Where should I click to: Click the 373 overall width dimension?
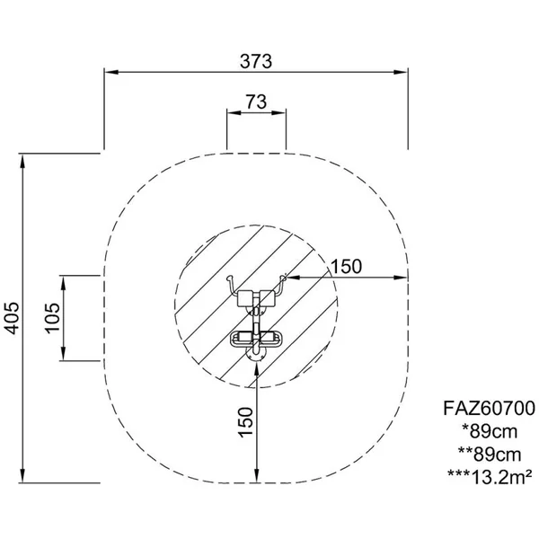(256, 61)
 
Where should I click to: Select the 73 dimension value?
(256, 102)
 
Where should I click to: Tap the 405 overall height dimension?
(12, 318)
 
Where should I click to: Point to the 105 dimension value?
(52, 318)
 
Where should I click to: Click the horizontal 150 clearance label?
(346, 267)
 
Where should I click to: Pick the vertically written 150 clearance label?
(245, 422)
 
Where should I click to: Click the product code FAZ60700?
(490, 409)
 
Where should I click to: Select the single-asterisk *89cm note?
(490, 431)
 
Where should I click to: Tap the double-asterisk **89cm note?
(490, 455)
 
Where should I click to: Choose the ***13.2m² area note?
(490, 477)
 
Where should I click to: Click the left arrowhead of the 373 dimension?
(111, 72)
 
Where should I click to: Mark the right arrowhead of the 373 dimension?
(401, 72)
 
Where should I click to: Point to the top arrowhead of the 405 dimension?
(22, 161)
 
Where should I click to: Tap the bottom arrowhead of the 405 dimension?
(22, 475)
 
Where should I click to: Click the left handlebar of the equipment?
(231, 285)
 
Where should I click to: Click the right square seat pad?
(267, 297)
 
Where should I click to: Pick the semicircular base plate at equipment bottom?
(256, 355)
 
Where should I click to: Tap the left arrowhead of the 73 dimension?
(234, 112)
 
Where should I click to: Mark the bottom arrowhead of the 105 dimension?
(64, 354)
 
